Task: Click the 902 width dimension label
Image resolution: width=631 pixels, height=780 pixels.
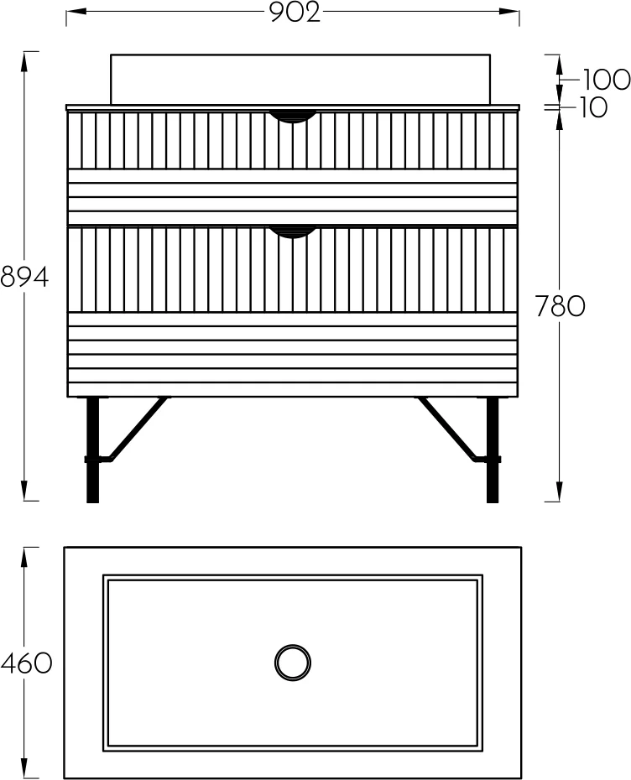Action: (x=295, y=13)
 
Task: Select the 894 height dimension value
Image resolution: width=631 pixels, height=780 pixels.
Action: (x=25, y=277)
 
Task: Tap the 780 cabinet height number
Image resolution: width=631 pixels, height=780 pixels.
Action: (x=560, y=306)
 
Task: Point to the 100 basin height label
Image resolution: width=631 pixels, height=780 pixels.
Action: (x=606, y=80)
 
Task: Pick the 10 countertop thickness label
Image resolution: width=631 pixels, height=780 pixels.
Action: (x=593, y=107)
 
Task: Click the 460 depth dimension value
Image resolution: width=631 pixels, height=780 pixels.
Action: (x=26, y=663)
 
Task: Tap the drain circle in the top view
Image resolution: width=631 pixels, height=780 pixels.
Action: (x=293, y=663)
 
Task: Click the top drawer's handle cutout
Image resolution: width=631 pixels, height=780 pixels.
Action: (x=293, y=116)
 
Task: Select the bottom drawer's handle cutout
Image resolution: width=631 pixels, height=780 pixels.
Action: (x=293, y=232)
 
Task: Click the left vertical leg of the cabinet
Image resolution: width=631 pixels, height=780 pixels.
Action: (x=92, y=450)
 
